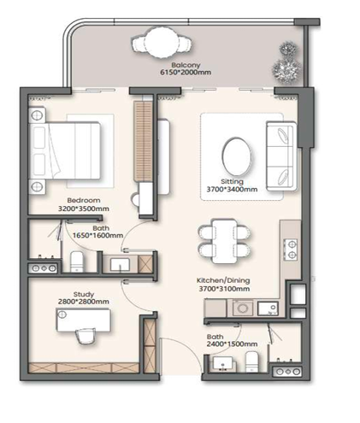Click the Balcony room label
click(185, 65)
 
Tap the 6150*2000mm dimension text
click(185, 73)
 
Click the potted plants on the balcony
click(285, 68)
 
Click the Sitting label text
click(231, 182)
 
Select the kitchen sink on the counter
click(244, 308)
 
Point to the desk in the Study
click(84, 319)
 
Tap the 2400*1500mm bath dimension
click(233, 344)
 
